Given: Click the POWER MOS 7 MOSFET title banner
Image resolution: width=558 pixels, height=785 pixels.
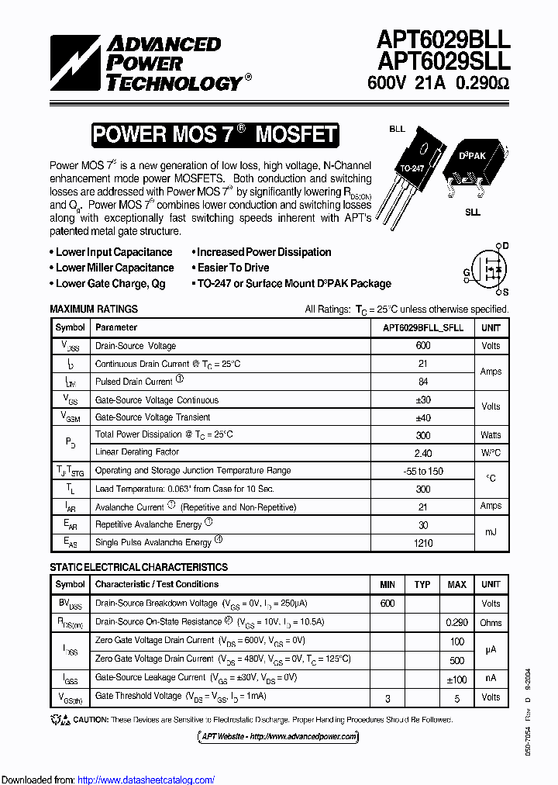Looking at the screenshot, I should [215, 135].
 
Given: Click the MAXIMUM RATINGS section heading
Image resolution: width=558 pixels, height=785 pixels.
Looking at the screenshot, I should [94, 309].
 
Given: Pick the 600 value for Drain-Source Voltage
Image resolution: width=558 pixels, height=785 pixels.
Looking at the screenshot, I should [423, 346].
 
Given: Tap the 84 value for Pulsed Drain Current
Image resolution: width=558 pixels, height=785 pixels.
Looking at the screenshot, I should [423, 382].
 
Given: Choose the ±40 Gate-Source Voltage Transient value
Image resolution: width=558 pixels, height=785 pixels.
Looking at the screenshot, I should [423, 417].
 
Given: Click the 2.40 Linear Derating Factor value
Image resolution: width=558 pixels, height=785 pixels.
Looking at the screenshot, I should [423, 453].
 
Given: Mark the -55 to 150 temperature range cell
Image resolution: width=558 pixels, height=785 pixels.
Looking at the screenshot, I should [423, 471].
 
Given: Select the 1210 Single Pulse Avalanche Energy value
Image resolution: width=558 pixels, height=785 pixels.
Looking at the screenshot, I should [423, 543].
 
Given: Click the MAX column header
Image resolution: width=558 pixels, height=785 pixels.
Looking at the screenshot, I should [456, 584].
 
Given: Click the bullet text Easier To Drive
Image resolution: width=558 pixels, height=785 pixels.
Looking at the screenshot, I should [233, 268].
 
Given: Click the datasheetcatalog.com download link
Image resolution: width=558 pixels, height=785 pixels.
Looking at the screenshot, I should [146, 780].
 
